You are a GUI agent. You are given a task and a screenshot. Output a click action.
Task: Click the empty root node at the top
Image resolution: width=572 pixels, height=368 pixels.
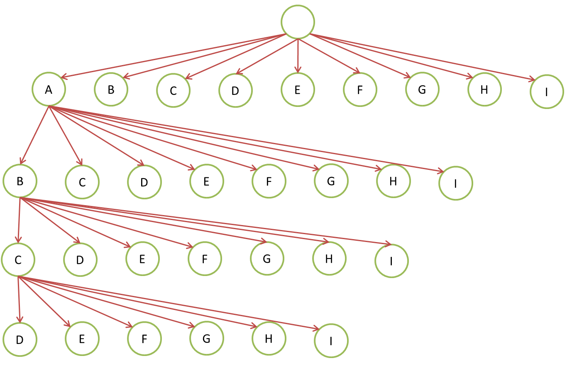click(298, 22)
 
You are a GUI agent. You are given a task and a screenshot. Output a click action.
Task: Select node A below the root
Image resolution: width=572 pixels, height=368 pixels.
click(49, 89)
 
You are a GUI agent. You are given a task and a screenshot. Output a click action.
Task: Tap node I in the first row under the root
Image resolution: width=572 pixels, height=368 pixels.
click(547, 92)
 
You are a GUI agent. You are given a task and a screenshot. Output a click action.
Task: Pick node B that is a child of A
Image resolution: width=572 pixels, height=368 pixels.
click(20, 181)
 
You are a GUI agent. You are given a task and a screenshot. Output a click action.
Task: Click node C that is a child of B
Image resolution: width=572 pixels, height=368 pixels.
click(18, 259)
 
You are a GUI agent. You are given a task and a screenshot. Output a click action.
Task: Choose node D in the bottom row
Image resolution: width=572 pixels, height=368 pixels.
click(20, 339)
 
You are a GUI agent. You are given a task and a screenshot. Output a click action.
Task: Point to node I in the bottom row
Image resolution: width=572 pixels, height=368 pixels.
click(331, 341)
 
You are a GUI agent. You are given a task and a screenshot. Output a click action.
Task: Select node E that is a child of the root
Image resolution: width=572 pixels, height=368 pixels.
click(298, 90)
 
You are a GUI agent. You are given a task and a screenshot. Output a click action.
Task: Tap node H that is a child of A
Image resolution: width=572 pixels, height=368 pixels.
click(394, 181)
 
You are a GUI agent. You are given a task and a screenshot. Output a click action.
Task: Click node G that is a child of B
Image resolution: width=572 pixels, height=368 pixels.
click(267, 259)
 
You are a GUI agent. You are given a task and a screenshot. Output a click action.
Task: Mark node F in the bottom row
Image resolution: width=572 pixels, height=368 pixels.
click(144, 339)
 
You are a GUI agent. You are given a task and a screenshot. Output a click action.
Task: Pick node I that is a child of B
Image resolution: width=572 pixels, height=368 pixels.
click(391, 261)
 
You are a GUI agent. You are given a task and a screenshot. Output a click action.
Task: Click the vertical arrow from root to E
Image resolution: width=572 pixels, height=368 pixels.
click(298, 56)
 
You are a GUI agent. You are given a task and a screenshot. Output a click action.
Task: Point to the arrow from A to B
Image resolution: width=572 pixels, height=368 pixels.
click(35, 135)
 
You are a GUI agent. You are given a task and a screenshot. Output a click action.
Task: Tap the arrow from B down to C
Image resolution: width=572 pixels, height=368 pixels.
click(19, 220)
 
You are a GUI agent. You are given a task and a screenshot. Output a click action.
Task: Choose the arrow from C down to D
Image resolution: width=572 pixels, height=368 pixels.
click(19, 298)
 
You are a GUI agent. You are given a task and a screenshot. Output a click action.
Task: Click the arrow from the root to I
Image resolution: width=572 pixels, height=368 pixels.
click(423, 56)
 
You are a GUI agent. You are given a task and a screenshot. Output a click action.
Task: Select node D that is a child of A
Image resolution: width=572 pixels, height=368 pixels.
click(144, 182)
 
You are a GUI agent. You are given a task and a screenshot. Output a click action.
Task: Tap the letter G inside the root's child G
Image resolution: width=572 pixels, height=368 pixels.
click(422, 89)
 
